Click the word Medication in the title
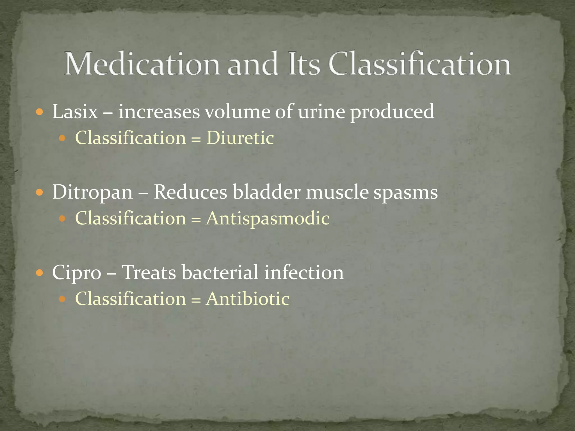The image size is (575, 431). click(143, 64)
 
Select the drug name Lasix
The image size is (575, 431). click(75, 112)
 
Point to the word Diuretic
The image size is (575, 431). click(240, 138)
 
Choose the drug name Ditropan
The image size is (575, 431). click(92, 192)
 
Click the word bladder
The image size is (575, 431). click(266, 192)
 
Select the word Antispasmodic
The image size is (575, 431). click(268, 218)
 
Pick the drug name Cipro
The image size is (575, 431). click(77, 273)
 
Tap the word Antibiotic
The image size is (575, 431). click(247, 299)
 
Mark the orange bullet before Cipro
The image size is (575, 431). click(40, 273)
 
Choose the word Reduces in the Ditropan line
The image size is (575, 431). click(190, 192)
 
